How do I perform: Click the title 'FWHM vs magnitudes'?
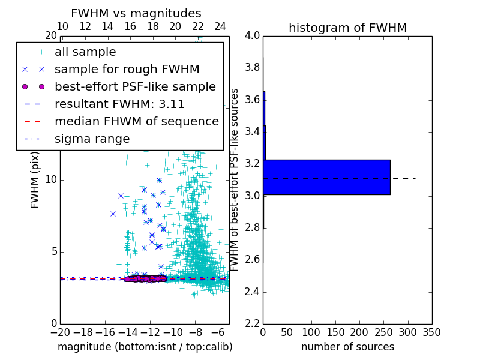[x=136, y=13]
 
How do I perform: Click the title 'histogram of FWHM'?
[x=347, y=28]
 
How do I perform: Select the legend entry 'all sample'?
[x=85, y=52]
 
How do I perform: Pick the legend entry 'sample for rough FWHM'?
[x=127, y=70]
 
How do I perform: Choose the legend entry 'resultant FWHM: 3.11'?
[x=119, y=104]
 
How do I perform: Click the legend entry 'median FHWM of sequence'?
[x=136, y=122]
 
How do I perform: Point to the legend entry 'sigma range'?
[x=92, y=139]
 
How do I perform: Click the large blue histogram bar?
[x=327, y=177]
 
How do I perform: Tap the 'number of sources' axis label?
[x=347, y=347]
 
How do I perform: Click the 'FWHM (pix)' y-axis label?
[x=35, y=180]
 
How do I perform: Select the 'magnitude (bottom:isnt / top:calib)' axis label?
[x=145, y=347]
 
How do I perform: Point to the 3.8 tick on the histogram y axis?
[x=252, y=68]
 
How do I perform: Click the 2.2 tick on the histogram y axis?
[x=252, y=324]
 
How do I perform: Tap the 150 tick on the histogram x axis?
[x=335, y=332]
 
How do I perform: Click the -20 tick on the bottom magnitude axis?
[x=60, y=332]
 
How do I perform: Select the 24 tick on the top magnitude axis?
[x=220, y=26]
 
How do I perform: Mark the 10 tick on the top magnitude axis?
[x=62, y=26]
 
